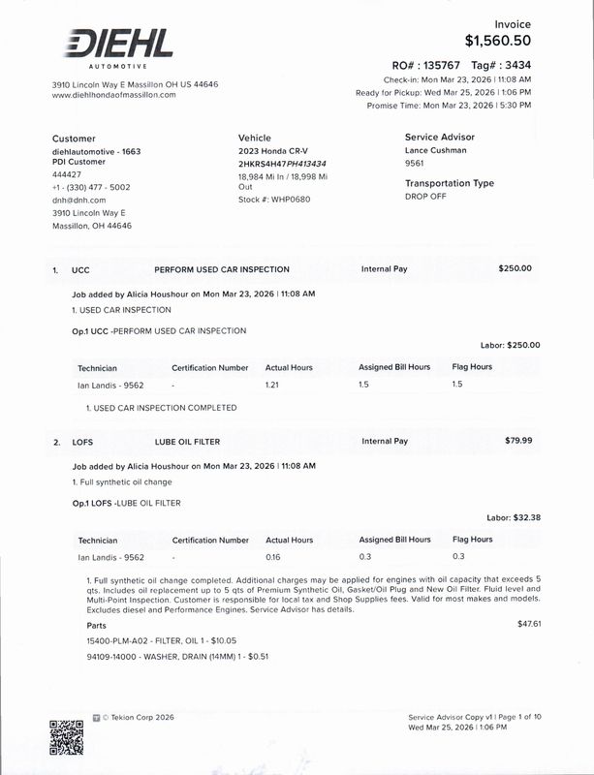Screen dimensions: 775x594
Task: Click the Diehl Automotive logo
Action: point(118,46)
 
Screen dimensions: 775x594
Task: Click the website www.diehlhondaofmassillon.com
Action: point(113,95)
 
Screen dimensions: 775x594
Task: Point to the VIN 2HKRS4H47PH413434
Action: point(282,164)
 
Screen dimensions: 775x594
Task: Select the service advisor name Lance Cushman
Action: point(435,151)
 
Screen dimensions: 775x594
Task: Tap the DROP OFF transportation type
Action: point(426,197)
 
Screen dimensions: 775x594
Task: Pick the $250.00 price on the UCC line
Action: point(515,268)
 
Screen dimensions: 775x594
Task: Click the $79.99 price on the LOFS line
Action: point(518,441)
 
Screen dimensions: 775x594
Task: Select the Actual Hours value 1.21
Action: point(273,385)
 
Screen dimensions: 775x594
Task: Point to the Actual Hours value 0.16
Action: point(273,557)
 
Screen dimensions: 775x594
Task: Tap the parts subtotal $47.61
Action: point(529,623)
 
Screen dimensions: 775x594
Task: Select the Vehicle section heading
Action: point(255,138)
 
